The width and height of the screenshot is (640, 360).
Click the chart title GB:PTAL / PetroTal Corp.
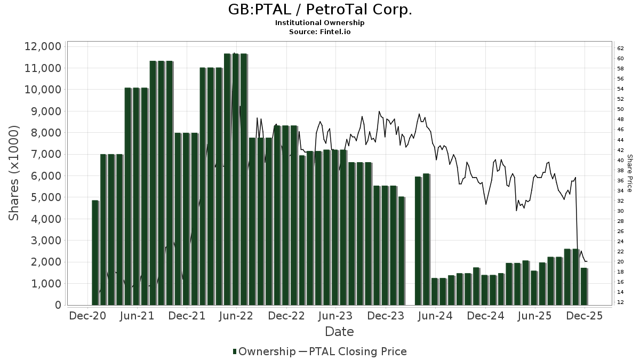320,10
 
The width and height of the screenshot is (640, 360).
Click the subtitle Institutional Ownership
320,23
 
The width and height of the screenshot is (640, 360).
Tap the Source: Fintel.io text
320,32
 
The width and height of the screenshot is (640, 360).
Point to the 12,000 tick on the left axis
43,46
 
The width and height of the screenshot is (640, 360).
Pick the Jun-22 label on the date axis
237,316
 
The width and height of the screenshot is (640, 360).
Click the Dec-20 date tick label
87,316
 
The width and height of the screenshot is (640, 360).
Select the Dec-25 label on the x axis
585,316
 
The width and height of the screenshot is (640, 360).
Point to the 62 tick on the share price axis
621,48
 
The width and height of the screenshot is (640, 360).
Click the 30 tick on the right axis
621,211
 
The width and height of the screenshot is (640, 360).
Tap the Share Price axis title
629,173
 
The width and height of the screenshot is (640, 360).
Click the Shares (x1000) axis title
14,173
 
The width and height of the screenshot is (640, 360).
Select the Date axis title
339,332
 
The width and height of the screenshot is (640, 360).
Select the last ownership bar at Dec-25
584,286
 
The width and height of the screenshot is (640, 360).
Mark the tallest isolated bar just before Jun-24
426,239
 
